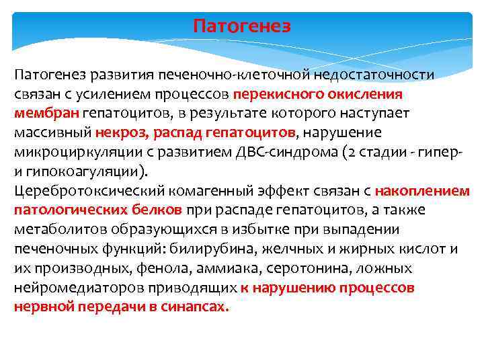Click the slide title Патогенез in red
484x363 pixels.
point(242,26)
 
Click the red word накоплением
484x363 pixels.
point(422,190)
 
